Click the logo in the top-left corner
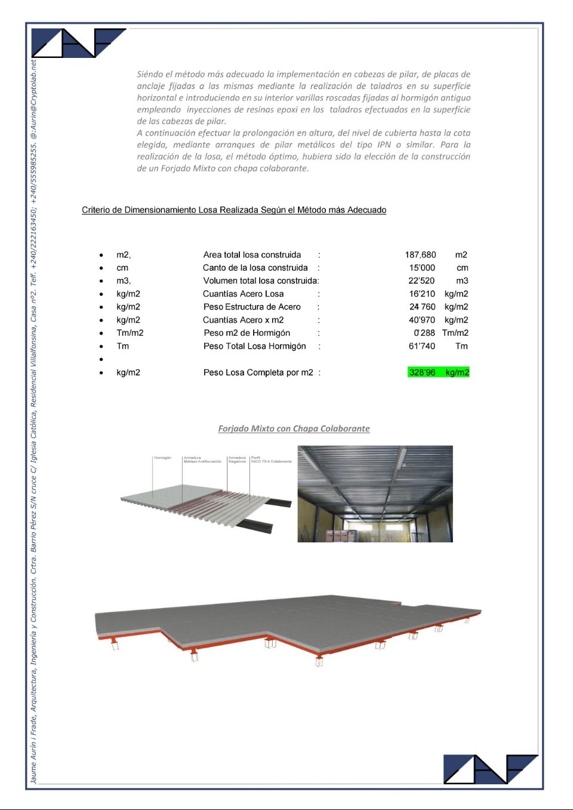(78, 43)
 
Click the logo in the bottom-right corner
(490, 769)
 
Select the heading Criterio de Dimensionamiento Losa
(234, 210)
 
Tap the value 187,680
(420, 255)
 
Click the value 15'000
(422, 268)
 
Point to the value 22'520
(421, 281)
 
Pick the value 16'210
(422, 294)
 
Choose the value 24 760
(422, 307)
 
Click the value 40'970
(422, 320)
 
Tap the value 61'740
(422, 346)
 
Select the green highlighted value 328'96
(423, 373)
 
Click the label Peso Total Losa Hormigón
(254, 346)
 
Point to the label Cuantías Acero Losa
(243, 294)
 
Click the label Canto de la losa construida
(255, 268)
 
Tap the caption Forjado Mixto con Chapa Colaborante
(294, 429)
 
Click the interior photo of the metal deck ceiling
(375, 494)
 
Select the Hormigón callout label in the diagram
(162, 458)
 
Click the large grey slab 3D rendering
(286, 624)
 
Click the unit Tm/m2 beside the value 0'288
(455, 333)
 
